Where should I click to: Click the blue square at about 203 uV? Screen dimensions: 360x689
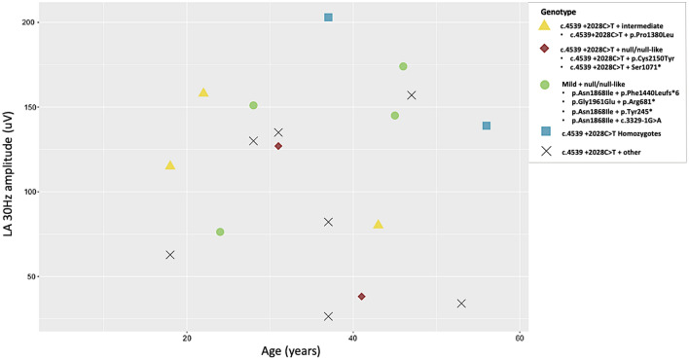[328, 18]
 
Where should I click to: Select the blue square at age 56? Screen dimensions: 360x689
[487, 126]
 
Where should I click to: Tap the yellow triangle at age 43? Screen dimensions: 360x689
[379, 224]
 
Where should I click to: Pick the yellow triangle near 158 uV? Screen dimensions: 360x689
[203, 92]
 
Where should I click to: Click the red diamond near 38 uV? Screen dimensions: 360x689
[361, 297]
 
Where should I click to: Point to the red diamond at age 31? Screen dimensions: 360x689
[278, 146]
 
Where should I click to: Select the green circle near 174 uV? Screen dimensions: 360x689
[403, 66]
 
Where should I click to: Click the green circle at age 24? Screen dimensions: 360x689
[220, 232]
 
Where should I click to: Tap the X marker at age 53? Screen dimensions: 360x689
[461, 304]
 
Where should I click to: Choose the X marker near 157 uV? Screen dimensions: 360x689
[412, 95]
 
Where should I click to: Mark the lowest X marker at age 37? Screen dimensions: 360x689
[328, 316]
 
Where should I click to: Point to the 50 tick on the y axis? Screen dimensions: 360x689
[29, 276]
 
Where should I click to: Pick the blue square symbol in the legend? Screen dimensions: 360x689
[545, 131]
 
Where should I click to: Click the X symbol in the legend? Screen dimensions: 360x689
[545, 151]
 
